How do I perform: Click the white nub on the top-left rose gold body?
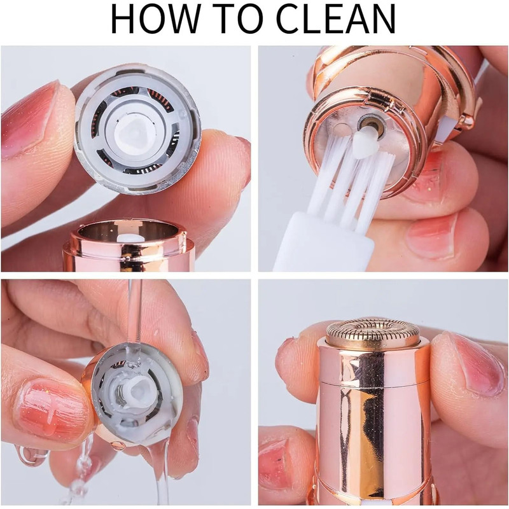pos(130,237)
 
